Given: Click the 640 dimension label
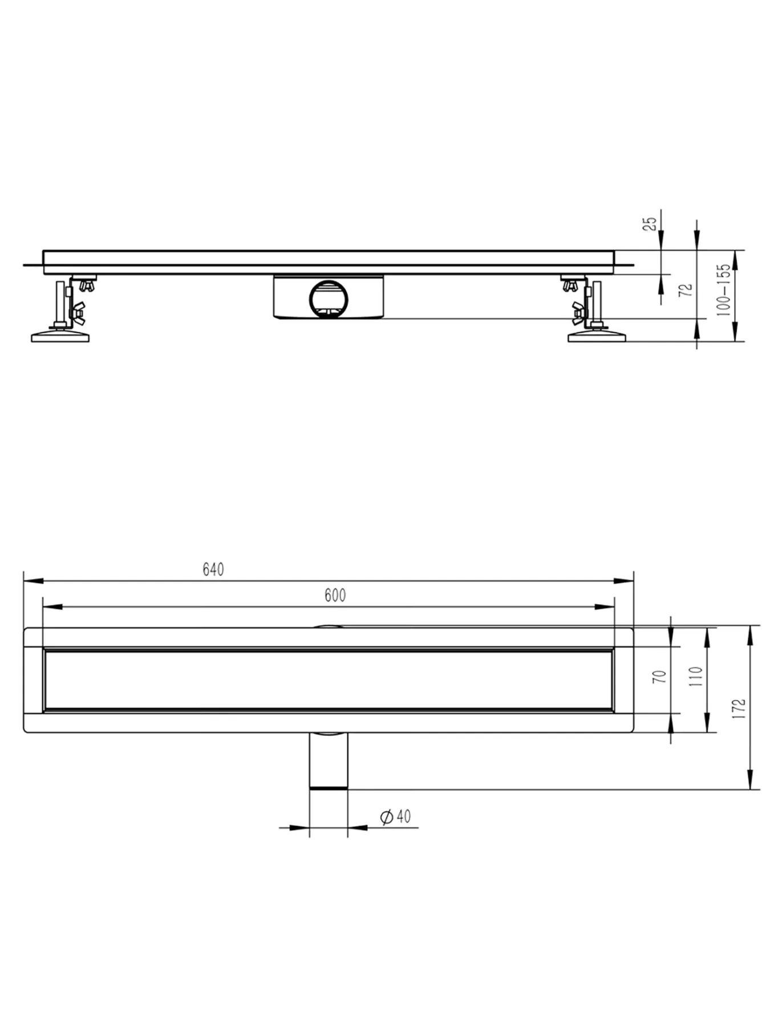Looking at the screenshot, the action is tap(213, 569).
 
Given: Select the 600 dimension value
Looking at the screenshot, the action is tap(335, 595).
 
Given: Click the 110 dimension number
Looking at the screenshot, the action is tap(696, 677).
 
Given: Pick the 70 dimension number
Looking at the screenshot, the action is tap(659, 677).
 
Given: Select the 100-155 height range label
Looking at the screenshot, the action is tap(723, 289).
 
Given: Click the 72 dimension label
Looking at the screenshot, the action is tap(687, 289).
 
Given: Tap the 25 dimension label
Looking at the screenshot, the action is tap(650, 224).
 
